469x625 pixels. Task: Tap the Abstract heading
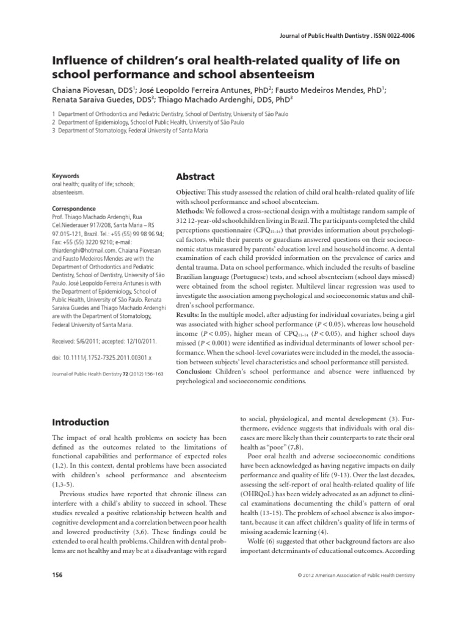[195, 176]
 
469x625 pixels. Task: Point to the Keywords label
[65, 175]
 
